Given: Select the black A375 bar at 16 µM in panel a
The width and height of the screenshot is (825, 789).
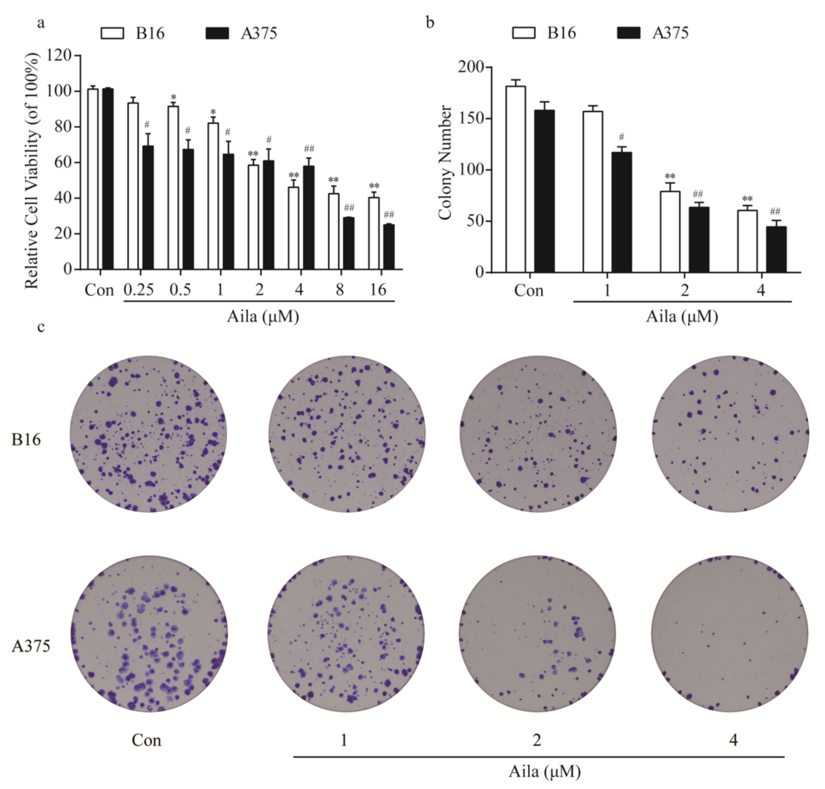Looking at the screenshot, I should point(389,247).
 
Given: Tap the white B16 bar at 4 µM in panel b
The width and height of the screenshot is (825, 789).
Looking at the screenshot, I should point(747,241).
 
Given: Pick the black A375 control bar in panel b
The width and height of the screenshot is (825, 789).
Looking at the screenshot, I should point(544,191).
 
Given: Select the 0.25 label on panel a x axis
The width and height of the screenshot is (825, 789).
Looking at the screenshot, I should point(139,290).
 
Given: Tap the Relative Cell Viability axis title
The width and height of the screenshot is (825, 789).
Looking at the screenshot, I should point(32,170).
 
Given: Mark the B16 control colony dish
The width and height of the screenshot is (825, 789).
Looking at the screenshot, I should point(148,434).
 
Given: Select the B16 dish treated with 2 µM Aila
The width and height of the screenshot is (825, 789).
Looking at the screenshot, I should point(538,434).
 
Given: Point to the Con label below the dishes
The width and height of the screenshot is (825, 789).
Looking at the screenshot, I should point(146,740).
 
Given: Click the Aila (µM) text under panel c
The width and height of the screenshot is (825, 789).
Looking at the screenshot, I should point(545,771).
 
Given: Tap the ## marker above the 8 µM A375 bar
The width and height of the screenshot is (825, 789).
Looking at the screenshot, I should point(349,208).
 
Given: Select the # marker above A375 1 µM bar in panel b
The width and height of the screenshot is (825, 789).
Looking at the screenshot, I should point(622,137).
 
